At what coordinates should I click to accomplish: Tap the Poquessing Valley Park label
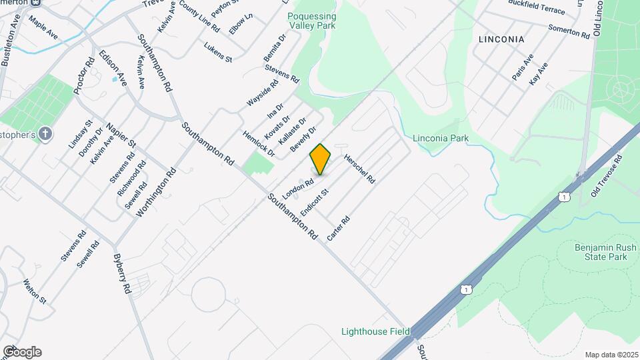click(311, 21)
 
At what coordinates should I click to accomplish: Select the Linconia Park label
click(441, 139)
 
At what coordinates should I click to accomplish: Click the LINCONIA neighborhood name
click(501, 39)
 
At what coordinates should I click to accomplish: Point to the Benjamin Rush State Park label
click(601, 252)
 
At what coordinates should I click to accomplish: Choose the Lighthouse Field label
click(375, 331)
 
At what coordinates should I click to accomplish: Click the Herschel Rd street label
click(360, 169)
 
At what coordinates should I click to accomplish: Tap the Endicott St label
click(315, 202)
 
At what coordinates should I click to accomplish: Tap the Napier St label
click(121, 133)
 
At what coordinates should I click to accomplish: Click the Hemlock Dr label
click(259, 143)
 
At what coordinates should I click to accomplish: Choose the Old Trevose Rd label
click(607, 177)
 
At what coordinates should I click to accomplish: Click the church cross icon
click(45, 133)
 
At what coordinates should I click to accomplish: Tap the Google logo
click(22, 352)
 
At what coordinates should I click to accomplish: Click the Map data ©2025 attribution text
click(611, 355)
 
